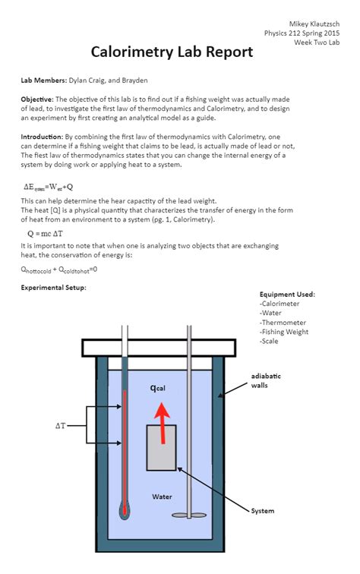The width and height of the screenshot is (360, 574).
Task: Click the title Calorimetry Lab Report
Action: [172, 52]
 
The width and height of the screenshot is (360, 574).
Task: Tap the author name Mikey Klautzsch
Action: [314, 24]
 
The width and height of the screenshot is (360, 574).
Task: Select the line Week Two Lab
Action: [317, 42]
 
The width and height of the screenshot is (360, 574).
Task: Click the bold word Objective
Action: [37, 99]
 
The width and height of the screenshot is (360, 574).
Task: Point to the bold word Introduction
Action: [42, 137]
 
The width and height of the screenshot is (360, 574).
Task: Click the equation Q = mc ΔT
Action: [45, 234]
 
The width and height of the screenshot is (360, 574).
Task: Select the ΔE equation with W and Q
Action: [49, 187]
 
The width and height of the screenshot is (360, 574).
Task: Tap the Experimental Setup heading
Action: [53, 287]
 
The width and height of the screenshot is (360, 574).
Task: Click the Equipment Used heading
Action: [287, 295]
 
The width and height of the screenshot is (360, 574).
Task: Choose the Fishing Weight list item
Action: [284, 332]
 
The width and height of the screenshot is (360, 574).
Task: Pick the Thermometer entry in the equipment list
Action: [283, 323]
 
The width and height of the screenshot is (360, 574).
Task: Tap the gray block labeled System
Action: [162, 447]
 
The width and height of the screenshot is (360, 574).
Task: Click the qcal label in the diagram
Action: [158, 388]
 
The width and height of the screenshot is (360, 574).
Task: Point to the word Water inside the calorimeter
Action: [162, 497]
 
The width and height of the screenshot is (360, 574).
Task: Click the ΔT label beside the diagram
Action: [61, 426]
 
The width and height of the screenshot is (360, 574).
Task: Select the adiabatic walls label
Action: [266, 380]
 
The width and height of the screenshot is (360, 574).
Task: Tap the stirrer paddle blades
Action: [189, 515]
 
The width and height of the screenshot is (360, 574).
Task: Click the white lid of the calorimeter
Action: [159, 348]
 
